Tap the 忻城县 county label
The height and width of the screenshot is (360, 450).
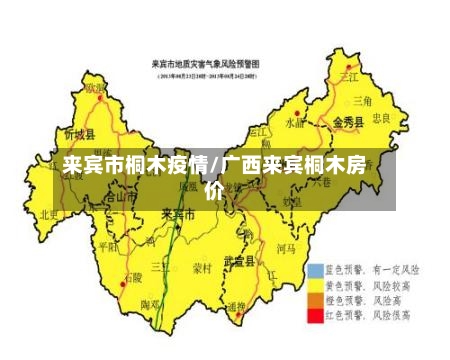(x=79, y=134)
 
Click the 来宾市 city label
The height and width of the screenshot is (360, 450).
(x=178, y=214)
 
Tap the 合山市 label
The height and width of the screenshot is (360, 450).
(x=119, y=197)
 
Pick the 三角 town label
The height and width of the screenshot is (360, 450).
(x=360, y=101)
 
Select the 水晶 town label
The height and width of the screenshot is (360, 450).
(x=296, y=124)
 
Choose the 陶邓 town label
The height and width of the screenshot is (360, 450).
(x=150, y=304)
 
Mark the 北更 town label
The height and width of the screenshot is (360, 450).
(x=48, y=214)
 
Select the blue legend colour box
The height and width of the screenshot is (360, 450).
(x=316, y=271)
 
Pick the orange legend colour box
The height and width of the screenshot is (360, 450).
(x=316, y=300)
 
